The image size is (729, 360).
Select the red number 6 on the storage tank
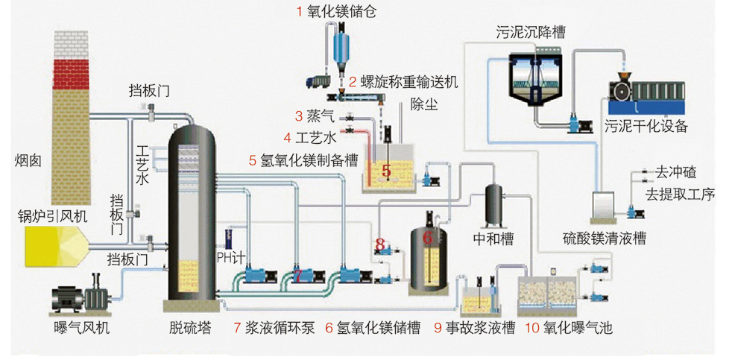point(427,237)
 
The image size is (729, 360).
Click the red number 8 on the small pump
point(379,243)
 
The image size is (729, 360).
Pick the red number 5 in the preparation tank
point(386,171)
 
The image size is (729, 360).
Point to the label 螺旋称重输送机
point(403,81)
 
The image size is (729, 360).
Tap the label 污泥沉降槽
point(530,32)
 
